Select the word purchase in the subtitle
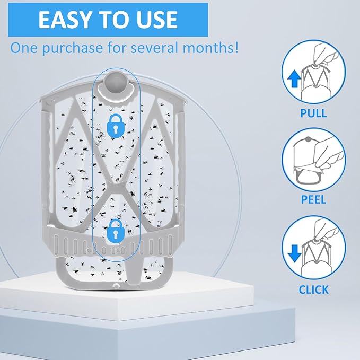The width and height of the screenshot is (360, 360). [x=72, y=49]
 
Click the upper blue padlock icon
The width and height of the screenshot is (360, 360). [x=116, y=126]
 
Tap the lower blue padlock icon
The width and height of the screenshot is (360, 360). [x=116, y=231]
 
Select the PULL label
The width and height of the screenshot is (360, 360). [x=314, y=113]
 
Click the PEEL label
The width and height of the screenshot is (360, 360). [x=314, y=199]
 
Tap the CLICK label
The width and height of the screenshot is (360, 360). [x=314, y=289]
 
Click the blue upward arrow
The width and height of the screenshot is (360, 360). [x=294, y=79]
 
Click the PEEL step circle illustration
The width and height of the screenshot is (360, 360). [x=314, y=160]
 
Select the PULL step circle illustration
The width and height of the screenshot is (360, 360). [x=314, y=72]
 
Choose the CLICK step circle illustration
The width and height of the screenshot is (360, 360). [x=314, y=248]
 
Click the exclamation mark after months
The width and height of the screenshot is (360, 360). [x=236, y=48]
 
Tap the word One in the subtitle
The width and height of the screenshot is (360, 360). [x=24, y=48]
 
